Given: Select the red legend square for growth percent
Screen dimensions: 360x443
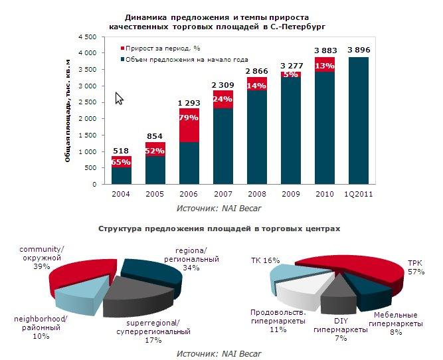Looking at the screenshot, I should tap(123, 48).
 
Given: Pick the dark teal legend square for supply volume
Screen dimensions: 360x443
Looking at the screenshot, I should tap(123, 60).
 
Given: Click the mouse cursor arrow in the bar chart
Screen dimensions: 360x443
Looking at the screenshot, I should tap(120, 98).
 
